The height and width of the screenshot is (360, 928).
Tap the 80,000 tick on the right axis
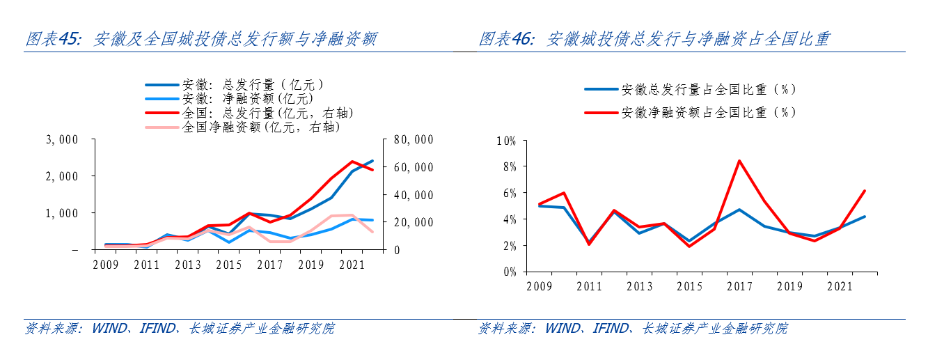click(413, 140)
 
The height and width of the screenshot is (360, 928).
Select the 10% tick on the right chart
click(505, 141)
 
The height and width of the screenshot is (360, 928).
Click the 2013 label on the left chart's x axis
click(188, 265)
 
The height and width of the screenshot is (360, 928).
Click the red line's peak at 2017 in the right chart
click(739, 161)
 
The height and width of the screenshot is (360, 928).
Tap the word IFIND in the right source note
click(611, 328)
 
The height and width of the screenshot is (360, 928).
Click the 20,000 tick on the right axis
click(413, 222)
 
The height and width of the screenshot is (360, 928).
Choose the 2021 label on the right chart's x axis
click(839, 286)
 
